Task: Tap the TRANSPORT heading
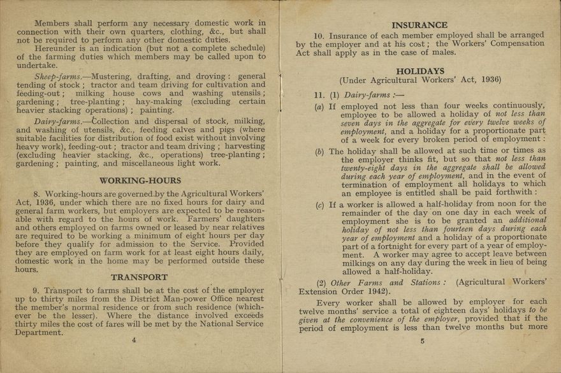coord(139,277)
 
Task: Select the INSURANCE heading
coord(419,26)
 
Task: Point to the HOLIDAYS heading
coord(420,71)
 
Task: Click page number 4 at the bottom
coord(134,340)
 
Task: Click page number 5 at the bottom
coord(422,341)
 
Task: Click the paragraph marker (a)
coord(319,106)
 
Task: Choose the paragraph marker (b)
coord(319,152)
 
